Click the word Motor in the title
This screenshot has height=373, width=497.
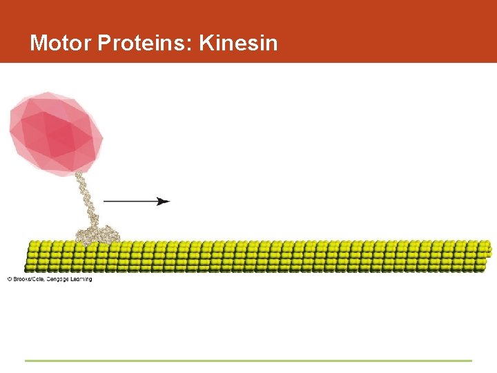pos(61,44)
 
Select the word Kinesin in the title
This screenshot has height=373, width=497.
pos(238,44)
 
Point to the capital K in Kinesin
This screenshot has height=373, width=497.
pos(206,44)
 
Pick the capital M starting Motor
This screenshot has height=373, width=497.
pos(37,44)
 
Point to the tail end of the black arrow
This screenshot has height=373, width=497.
pos(105,201)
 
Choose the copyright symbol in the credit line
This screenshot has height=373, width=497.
pos(10,279)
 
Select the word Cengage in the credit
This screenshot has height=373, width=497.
pos(59,279)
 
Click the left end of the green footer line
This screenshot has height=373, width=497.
pos(26,360)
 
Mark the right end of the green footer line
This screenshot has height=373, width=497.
pos(471,360)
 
